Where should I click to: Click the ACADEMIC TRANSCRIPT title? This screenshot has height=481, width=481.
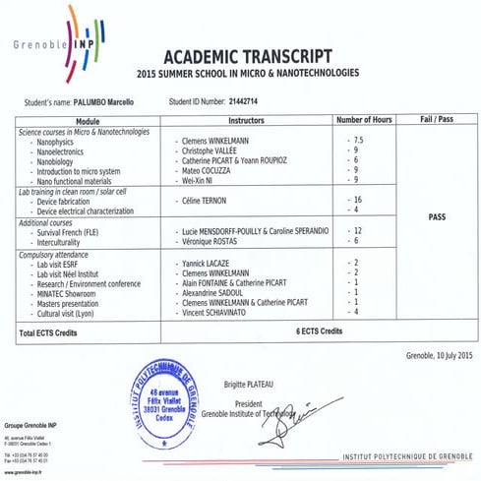click(247, 55)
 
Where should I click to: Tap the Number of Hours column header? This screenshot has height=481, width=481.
click(365, 120)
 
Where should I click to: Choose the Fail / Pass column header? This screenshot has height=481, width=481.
click(436, 120)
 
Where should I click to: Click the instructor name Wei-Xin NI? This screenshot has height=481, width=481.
click(203, 180)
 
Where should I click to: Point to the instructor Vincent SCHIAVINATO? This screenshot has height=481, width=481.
click(221, 312)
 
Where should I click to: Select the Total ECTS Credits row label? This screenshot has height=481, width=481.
click(55, 333)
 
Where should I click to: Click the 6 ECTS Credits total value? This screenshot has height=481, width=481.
click(324, 333)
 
